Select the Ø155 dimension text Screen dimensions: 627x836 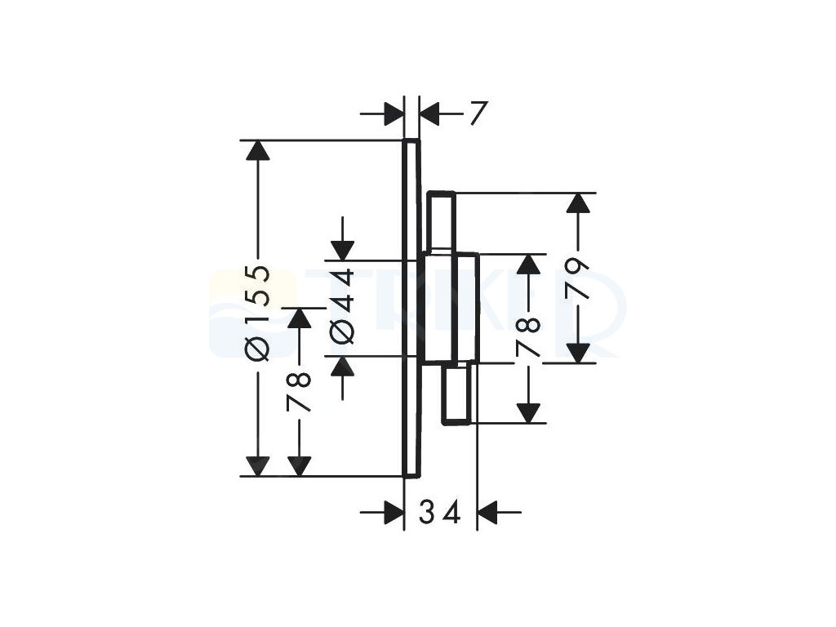[259, 311]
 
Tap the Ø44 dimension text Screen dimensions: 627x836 [343, 306]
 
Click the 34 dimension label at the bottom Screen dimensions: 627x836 [441, 513]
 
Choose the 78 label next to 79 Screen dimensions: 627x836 [530, 335]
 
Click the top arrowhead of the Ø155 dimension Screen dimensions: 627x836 [259, 151]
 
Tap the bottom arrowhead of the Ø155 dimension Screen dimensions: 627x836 [259, 466]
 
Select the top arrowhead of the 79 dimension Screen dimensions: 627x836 [578, 203]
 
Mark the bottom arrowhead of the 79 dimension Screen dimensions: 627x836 [578, 354]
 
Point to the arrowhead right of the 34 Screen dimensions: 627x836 [488, 513]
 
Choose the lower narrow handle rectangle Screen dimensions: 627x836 [456, 394]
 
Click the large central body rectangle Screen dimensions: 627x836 [449, 308]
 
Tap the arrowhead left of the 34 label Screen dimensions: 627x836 [394, 513]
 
